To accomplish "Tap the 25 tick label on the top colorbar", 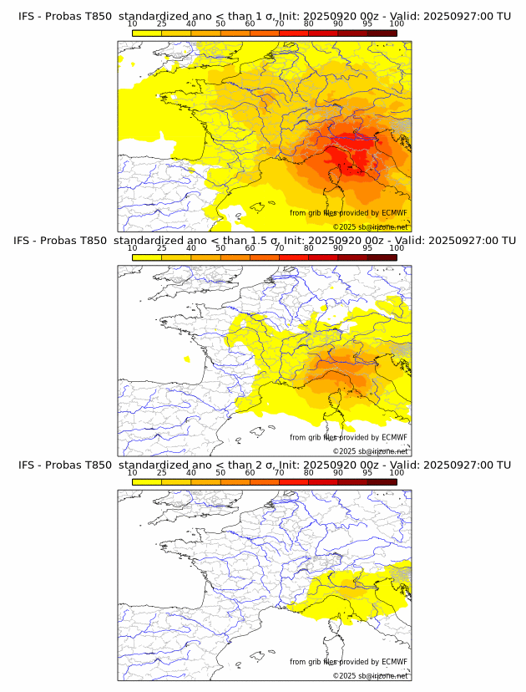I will tap(162, 23).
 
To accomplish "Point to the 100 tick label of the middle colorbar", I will tap(397, 248).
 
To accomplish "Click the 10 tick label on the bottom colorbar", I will tap(133, 472).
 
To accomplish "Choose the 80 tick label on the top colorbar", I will tap(309, 23).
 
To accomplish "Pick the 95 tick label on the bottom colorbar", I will tap(367, 472).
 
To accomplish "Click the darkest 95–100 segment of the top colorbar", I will tap(382, 33).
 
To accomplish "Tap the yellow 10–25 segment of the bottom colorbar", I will tap(147, 481).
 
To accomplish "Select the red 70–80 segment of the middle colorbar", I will tap(294, 257).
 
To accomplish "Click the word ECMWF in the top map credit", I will tap(394, 213).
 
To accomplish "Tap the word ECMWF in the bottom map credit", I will tap(394, 662).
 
